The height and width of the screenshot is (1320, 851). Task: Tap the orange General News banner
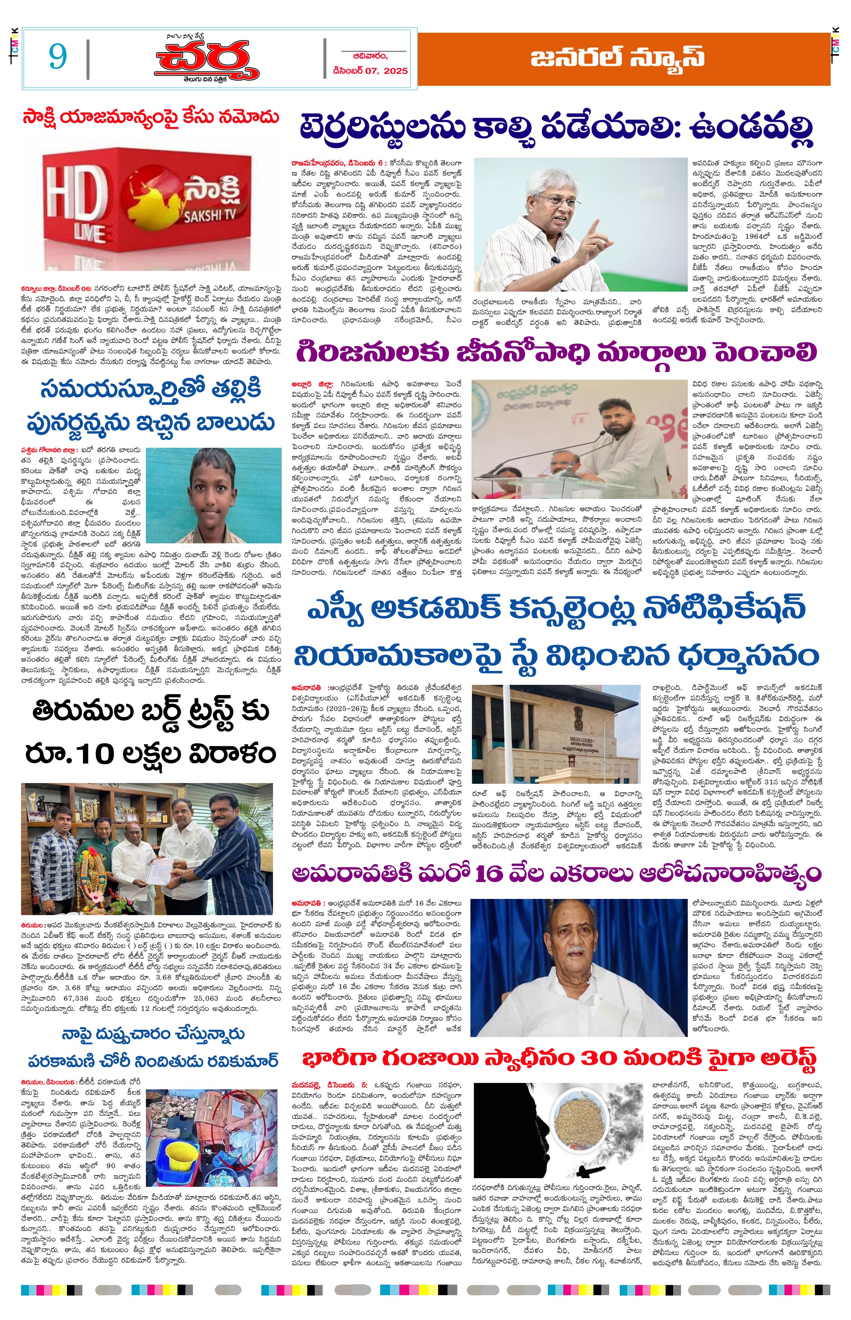tap(623, 59)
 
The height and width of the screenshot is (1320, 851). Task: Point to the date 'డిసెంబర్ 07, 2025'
tap(370, 71)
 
